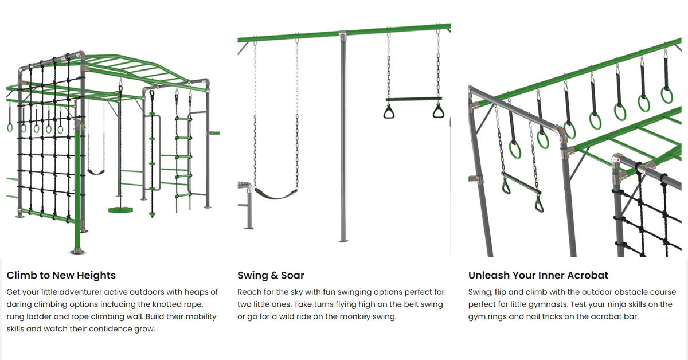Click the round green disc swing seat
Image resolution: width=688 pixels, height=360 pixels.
[121, 210]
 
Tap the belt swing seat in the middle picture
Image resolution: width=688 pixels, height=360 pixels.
[276, 194]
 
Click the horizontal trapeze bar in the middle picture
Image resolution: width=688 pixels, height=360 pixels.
[414, 99]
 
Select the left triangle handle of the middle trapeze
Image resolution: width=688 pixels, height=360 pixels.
[389, 112]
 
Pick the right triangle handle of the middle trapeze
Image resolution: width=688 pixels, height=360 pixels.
[438, 111]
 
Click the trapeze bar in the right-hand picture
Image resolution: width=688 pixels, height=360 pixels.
[521, 183]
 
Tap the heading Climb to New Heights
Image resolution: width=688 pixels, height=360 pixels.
[61, 275]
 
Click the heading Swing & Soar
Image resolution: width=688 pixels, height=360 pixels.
[271, 275]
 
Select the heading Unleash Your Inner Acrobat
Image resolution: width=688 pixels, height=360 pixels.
[538, 275]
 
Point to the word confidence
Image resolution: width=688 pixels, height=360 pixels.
[110, 328]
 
